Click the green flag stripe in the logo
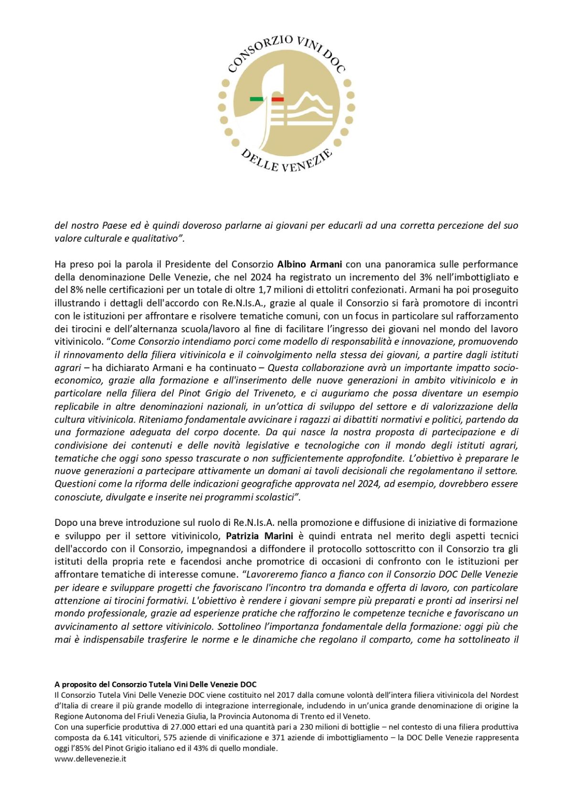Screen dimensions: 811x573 tap(256, 99)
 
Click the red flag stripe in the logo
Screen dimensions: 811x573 tap(277, 99)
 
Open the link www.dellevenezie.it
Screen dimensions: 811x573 tap(90, 758)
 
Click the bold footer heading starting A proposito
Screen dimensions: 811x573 tap(156, 684)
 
